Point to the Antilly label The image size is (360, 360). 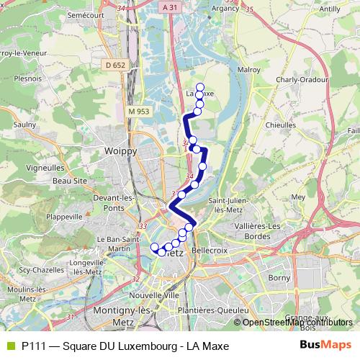[x=329, y=9]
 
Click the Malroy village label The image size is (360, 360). [x=248, y=71]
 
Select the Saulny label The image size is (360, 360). [x=25, y=124]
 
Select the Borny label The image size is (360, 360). [x=279, y=276]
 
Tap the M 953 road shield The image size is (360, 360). [x=139, y=112]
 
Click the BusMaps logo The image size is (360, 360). [x=326, y=346]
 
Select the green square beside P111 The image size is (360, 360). [x=9, y=346]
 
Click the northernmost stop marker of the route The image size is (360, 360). [x=200, y=88]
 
